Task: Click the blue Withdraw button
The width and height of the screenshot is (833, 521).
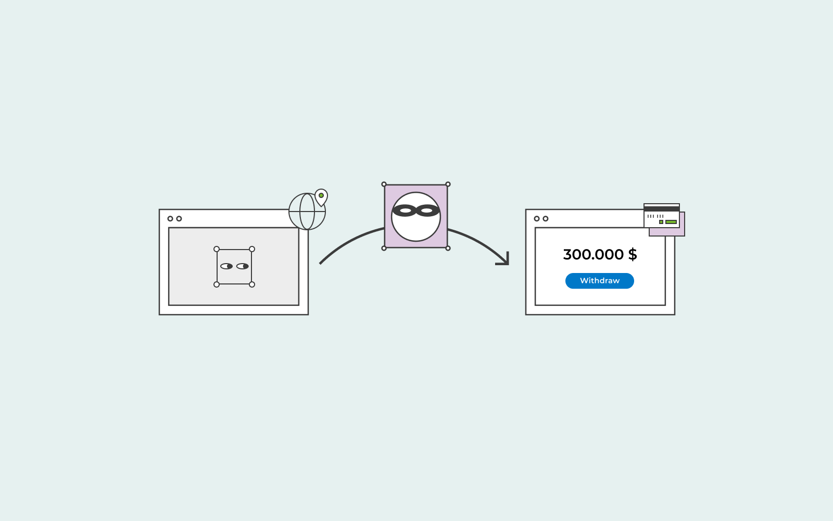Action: pyautogui.click(x=599, y=281)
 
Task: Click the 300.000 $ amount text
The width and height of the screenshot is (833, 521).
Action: pyautogui.click(x=600, y=255)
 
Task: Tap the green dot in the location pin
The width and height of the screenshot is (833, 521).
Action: pyautogui.click(x=321, y=195)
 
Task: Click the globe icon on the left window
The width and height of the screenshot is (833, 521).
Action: pyautogui.click(x=307, y=212)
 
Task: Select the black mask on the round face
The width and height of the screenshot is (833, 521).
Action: pyautogui.click(x=416, y=210)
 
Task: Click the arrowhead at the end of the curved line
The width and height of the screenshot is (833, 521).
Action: pyautogui.click(x=504, y=259)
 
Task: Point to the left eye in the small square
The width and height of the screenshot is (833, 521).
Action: pyautogui.click(x=226, y=266)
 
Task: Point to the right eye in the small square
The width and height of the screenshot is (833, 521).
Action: pyautogui.click(x=243, y=266)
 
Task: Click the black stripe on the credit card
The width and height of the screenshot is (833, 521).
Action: pyautogui.click(x=662, y=209)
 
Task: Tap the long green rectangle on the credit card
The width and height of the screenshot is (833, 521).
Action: pyautogui.click(x=671, y=222)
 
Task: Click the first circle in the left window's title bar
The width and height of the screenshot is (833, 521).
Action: pyautogui.click(x=170, y=218)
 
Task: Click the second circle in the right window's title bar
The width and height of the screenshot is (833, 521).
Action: pyautogui.click(x=546, y=218)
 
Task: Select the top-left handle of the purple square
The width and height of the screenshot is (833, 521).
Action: pyautogui.click(x=384, y=184)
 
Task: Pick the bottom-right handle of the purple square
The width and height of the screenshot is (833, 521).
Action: pyautogui.click(x=448, y=248)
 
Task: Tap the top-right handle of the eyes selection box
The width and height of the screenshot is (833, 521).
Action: pyautogui.click(x=252, y=249)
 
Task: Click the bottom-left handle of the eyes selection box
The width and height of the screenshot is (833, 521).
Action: pyautogui.click(x=217, y=284)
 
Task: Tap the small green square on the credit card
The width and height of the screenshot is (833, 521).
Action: pyautogui.click(x=661, y=222)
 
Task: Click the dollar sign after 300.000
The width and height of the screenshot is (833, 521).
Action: pyautogui.click(x=633, y=255)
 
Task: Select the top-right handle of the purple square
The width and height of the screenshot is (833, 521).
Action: pyautogui.click(x=448, y=184)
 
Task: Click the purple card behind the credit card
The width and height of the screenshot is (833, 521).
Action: pyautogui.click(x=682, y=231)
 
